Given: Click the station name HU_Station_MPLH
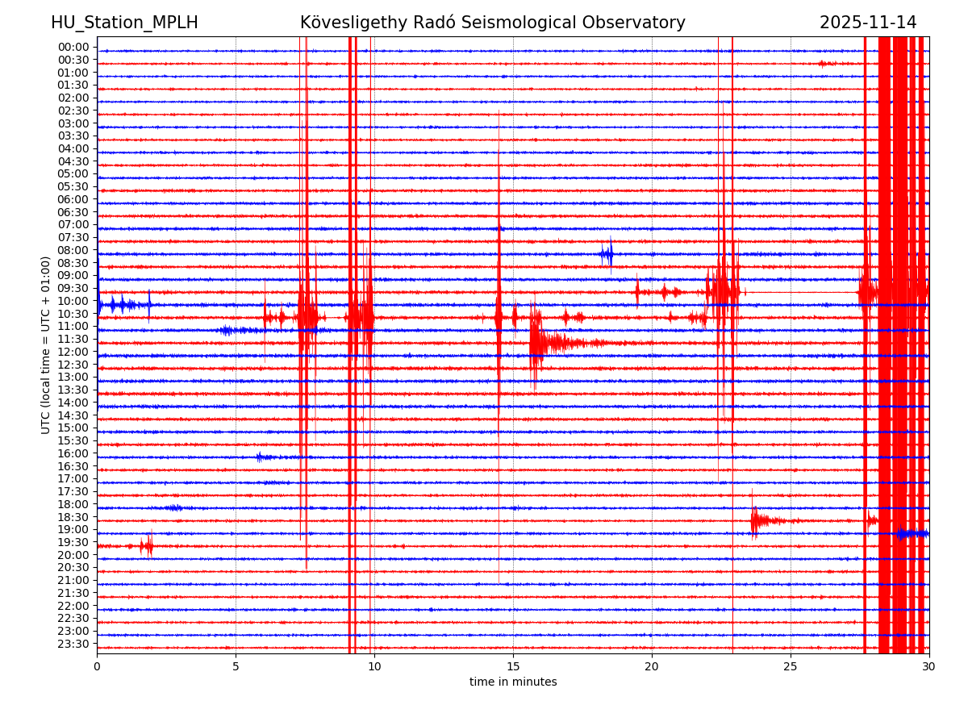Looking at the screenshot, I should [124, 23].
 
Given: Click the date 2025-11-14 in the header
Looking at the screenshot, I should [868, 23].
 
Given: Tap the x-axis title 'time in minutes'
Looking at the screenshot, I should [513, 682].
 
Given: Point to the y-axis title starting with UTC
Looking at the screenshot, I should [46, 344].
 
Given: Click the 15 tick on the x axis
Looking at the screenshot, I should [513, 667].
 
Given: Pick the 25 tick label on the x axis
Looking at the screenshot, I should [791, 667].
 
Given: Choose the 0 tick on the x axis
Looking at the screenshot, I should [97, 667].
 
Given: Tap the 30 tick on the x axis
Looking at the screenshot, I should [929, 667].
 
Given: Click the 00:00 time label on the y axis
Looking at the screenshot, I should [73, 47].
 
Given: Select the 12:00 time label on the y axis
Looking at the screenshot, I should [73, 352].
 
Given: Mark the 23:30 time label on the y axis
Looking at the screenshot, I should [73, 644].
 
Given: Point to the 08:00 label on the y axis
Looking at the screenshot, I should [73, 250].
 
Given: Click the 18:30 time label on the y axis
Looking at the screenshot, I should [73, 517].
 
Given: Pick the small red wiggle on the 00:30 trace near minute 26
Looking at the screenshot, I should [825, 63].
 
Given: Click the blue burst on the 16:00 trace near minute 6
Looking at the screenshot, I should [261, 457].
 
